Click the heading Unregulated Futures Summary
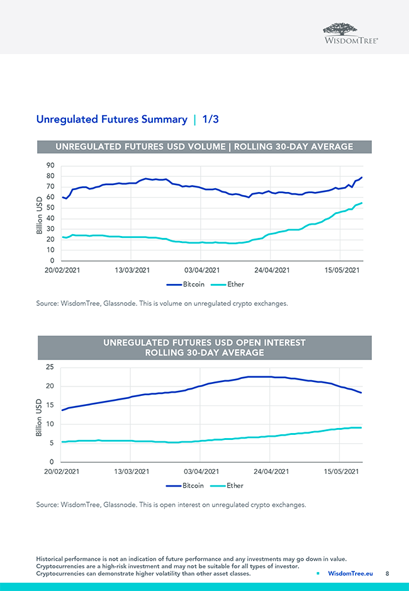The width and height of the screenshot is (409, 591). point(111,119)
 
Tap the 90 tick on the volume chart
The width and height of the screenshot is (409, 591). point(49,166)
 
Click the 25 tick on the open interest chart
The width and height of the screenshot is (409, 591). point(49,367)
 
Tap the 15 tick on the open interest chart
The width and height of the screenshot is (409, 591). point(49,405)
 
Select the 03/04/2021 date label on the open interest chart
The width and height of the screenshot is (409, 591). point(201,471)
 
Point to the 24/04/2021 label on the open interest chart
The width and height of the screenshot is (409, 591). point(271,471)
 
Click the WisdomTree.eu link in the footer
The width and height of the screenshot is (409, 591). point(350,573)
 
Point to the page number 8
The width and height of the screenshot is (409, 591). point(388,573)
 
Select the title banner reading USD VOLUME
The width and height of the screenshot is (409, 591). point(204,147)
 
